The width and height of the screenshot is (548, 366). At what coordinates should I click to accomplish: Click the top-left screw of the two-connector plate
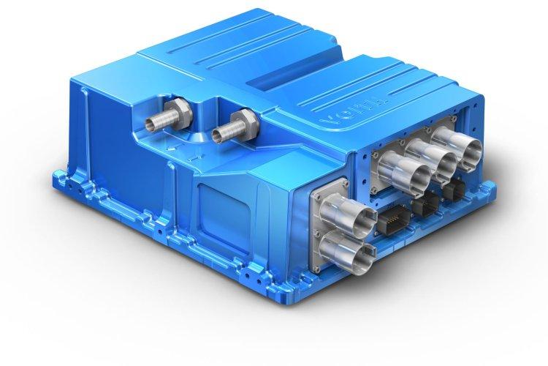tap(318, 193)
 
